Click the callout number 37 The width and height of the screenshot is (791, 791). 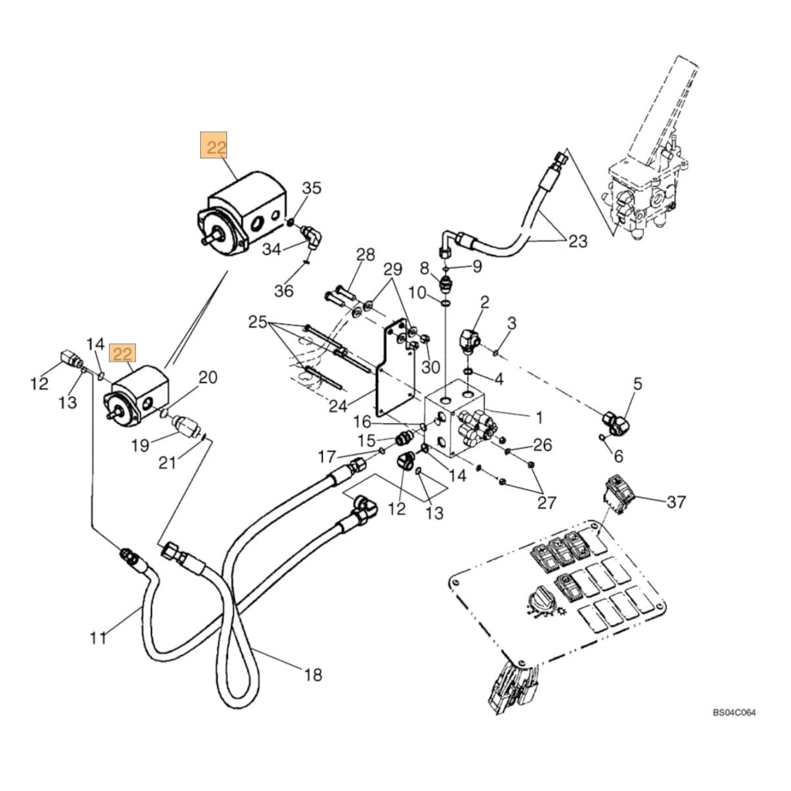[676, 501]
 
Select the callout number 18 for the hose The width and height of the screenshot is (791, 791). [313, 675]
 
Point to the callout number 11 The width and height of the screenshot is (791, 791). [97, 638]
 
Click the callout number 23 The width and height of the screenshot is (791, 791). [578, 241]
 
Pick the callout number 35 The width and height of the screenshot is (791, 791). [312, 188]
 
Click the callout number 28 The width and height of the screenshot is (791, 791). [365, 255]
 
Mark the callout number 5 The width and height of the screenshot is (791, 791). [637, 385]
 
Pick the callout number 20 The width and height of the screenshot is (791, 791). [207, 377]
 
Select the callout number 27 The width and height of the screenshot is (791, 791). [547, 502]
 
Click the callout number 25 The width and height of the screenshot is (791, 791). [258, 322]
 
